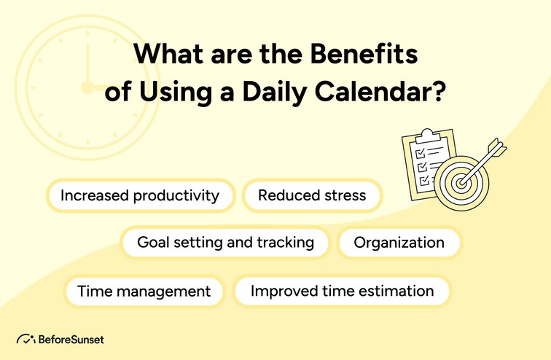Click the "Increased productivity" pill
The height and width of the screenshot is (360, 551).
click(140, 195)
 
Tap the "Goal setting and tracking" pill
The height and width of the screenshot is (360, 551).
click(225, 243)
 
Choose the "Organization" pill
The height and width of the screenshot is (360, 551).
click(399, 243)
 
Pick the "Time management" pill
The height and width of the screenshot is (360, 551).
click(144, 291)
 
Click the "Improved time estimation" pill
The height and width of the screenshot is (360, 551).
click(342, 291)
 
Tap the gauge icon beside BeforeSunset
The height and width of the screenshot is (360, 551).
click(26, 340)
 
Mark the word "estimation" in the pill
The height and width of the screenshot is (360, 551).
click(399, 291)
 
